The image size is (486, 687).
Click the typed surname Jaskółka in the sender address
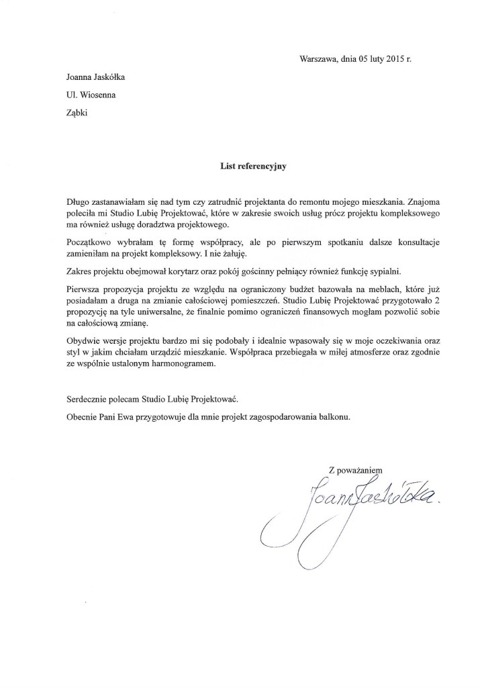click(107, 77)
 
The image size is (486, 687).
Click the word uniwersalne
click(148, 313)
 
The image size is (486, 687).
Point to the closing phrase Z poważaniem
click(354, 471)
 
